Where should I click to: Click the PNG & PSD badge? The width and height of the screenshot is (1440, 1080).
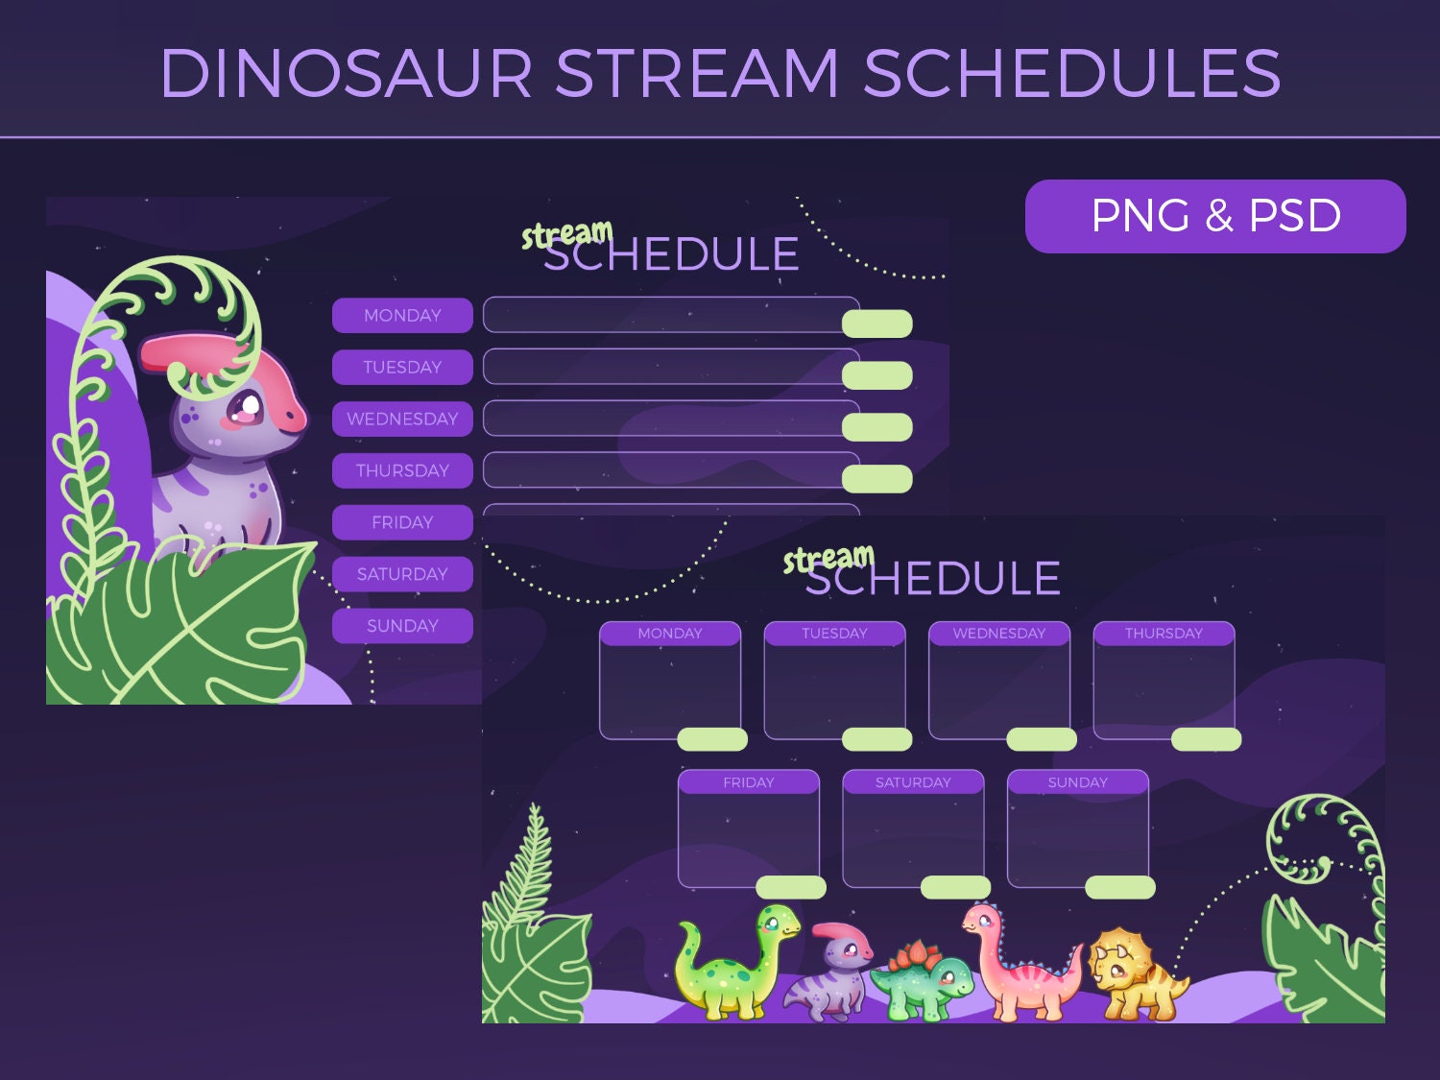1215,216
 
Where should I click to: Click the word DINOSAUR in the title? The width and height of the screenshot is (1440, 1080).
347,73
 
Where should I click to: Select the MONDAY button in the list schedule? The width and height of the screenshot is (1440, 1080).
402,315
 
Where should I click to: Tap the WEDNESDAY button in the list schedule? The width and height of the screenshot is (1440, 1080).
402,419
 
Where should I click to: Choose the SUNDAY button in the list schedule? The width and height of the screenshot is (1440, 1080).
402,626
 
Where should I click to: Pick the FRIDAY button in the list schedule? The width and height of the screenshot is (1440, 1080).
402,522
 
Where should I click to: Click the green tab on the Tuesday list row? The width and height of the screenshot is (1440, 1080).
876,375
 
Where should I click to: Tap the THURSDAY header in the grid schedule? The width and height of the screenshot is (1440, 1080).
1164,634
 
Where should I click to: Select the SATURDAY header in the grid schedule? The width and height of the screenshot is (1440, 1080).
913,782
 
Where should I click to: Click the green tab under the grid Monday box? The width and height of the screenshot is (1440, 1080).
712,739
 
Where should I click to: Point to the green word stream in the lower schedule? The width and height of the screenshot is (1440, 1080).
828,557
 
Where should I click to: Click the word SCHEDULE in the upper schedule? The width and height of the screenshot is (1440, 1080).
671,254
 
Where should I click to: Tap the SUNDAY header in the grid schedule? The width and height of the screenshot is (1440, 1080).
1077,782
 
